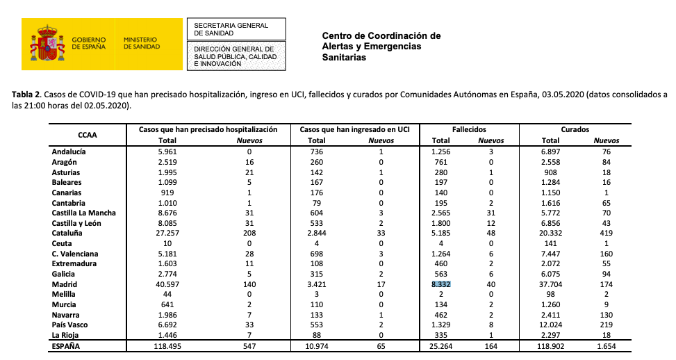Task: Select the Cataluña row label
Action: point(69,233)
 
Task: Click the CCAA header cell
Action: point(86,133)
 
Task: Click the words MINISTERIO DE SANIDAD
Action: point(142,43)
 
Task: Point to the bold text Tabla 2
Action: point(28,95)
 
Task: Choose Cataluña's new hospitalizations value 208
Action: point(245,233)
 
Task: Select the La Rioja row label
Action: point(67,335)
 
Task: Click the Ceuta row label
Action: point(62,243)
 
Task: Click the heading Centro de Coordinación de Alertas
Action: point(381,36)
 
